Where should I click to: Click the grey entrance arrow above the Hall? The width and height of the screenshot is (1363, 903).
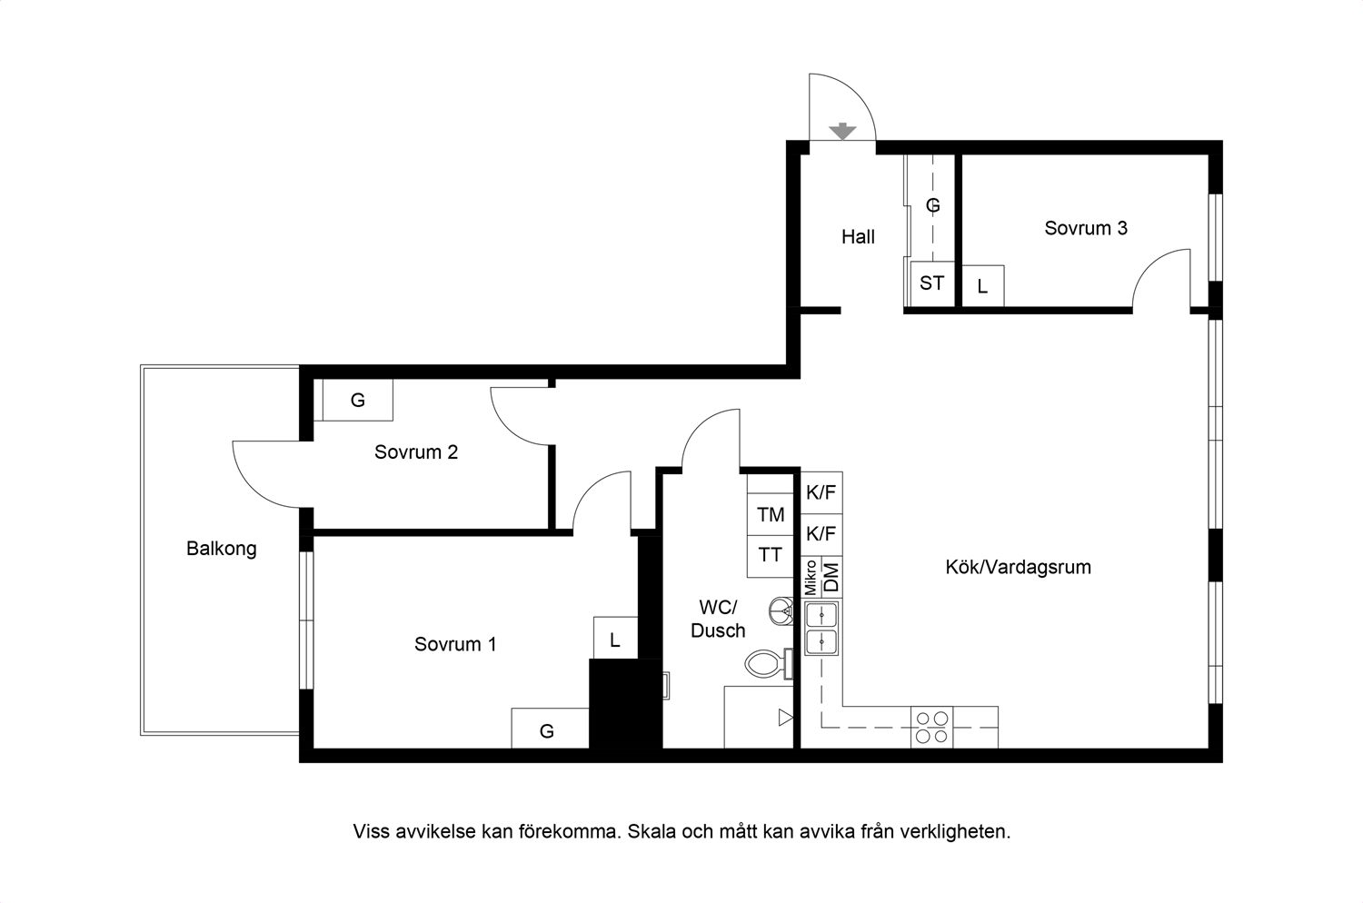(x=842, y=131)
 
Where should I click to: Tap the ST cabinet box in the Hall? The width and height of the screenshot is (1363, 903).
(x=932, y=283)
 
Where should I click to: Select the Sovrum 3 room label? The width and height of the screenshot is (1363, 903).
(x=1086, y=228)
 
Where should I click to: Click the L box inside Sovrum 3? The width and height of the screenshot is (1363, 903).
(x=982, y=286)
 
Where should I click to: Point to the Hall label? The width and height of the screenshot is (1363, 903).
(x=858, y=237)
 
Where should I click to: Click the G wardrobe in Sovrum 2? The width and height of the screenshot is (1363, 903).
(x=357, y=400)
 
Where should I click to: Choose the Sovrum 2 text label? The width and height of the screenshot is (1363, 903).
(x=415, y=452)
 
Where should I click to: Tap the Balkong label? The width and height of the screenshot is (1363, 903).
(x=222, y=549)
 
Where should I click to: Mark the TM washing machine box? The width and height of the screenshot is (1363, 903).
(x=771, y=515)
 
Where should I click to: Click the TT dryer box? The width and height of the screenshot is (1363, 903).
(x=771, y=556)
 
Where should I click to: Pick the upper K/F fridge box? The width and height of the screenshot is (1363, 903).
(x=821, y=493)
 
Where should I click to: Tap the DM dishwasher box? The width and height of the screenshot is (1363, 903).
(x=831, y=578)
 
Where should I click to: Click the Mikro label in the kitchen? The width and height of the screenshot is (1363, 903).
(x=811, y=578)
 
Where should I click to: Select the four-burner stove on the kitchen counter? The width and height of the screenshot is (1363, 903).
(x=931, y=727)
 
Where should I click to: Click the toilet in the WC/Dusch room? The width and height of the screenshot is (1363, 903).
(x=769, y=664)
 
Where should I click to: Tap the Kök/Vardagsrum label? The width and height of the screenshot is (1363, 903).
(x=1018, y=567)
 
